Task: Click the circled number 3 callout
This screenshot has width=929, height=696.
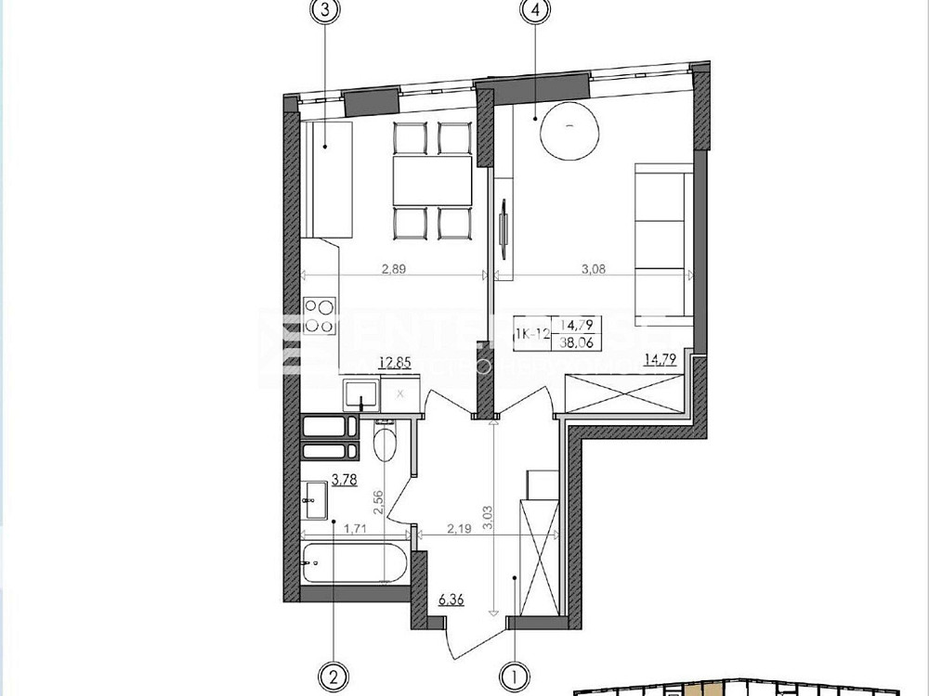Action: (x=324, y=11)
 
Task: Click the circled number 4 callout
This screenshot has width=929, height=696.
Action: (x=536, y=11)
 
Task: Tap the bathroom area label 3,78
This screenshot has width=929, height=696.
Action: (x=320, y=480)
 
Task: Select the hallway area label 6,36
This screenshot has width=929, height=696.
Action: (x=453, y=600)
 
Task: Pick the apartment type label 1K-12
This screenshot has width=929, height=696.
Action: (x=536, y=331)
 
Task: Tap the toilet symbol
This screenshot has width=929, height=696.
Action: (x=384, y=445)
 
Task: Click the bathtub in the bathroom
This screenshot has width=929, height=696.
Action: (x=351, y=562)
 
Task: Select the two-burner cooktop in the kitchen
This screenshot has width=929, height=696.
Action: (x=320, y=315)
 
